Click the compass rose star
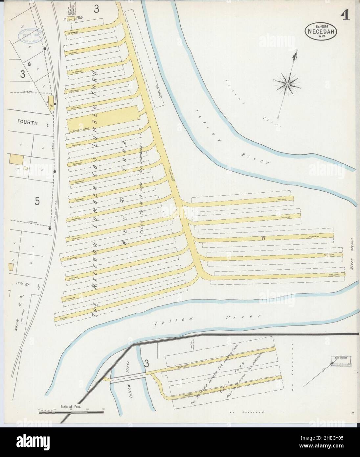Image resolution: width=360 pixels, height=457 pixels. pyautogui.click(x=287, y=84)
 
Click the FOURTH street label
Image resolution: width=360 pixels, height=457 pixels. pyautogui.click(x=28, y=123)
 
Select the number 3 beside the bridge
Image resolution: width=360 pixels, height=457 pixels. pyautogui.click(x=147, y=363)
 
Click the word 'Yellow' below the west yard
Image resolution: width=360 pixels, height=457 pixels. pyautogui.click(x=163, y=324)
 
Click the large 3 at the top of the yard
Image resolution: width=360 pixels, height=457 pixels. pyautogui.click(x=96, y=9)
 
